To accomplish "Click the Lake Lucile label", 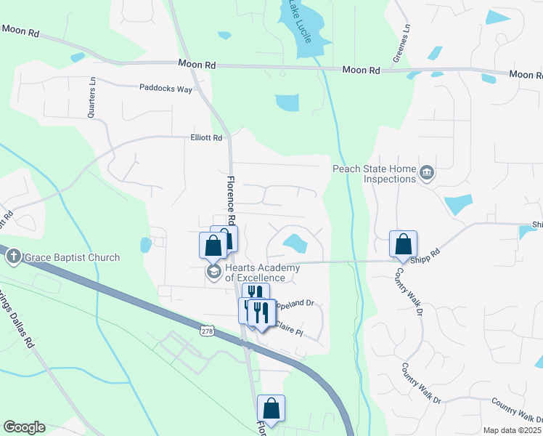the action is click(x=299, y=23).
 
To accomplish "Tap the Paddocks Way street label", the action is click(x=166, y=89).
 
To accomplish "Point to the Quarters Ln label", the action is click(x=91, y=97).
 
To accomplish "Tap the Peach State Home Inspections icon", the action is click(x=428, y=172).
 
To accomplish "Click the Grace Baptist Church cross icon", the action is click(x=12, y=257).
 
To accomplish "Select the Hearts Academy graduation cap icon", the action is click(x=213, y=272).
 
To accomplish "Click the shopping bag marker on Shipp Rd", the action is click(x=403, y=245).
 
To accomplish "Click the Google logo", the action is click(x=24, y=427).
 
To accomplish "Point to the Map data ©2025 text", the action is click(x=512, y=430).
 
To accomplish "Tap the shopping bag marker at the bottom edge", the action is click(x=271, y=409).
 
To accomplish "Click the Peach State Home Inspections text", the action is click(x=375, y=174).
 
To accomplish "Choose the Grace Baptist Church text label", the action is click(x=70, y=257).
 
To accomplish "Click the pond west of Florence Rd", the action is click(x=145, y=244).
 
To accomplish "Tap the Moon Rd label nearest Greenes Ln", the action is click(x=361, y=70).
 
